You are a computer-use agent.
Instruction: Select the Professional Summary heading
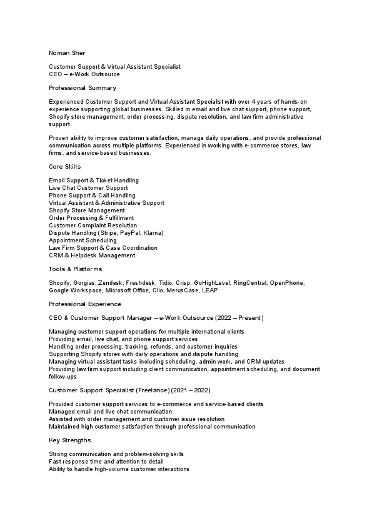(x=83, y=88)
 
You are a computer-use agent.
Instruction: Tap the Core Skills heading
(x=65, y=167)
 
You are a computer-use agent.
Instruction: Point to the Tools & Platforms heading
(x=75, y=269)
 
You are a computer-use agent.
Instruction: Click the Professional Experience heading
(x=85, y=304)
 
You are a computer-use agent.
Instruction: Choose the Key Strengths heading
(x=69, y=440)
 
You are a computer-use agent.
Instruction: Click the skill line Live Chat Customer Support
(x=88, y=188)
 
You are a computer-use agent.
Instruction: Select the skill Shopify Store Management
(x=87, y=211)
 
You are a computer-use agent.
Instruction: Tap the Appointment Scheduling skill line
(x=83, y=241)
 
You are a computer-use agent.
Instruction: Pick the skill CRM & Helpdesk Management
(x=91, y=256)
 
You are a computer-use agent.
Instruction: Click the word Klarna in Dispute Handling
(x=151, y=233)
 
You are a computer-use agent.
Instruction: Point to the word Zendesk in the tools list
(x=111, y=283)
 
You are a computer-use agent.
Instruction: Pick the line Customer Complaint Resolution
(x=93, y=226)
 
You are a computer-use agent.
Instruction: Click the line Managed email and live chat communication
(x=110, y=412)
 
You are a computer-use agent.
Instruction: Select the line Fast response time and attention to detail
(x=106, y=461)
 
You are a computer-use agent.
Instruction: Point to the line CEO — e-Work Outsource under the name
(x=84, y=74)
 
